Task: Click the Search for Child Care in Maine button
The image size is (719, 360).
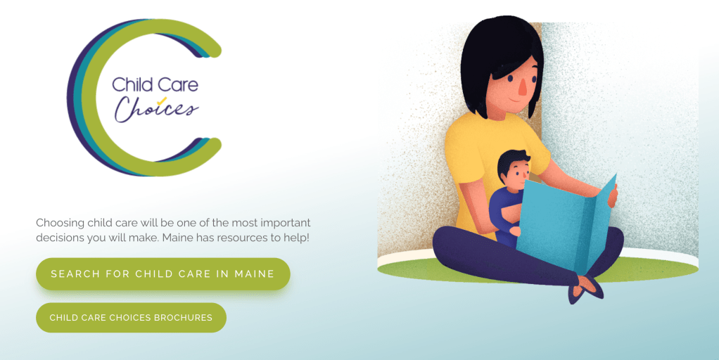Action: pos(163,274)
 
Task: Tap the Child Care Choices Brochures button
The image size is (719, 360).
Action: pos(131,317)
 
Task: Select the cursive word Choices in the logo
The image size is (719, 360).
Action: pos(156,108)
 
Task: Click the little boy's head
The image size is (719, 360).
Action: pos(514,169)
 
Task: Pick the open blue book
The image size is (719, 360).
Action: pos(567,223)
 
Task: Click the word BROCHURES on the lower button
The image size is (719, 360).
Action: pos(184,317)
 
